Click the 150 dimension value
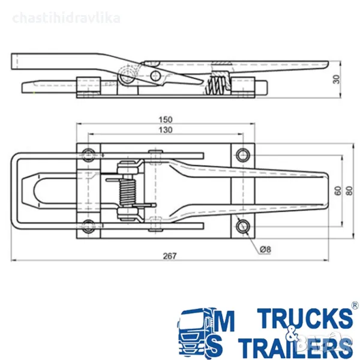(x=166, y=119)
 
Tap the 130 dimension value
(x=166, y=130)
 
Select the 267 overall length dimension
(x=170, y=256)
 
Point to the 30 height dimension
(x=336, y=79)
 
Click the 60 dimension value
(x=338, y=191)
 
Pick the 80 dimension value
(x=349, y=191)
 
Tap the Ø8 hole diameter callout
(x=265, y=250)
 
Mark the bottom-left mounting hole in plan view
(x=88, y=226)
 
